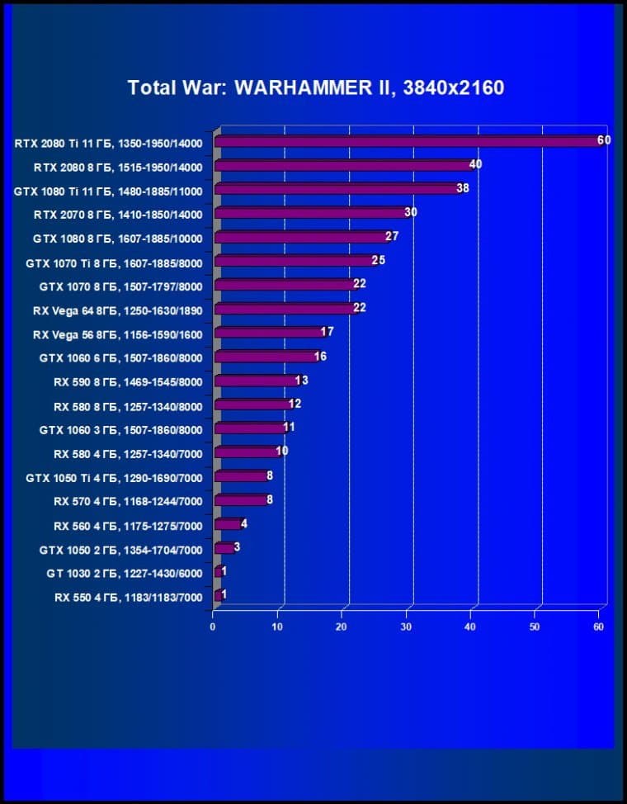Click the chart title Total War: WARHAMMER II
(x=315, y=87)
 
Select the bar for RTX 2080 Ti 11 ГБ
(x=408, y=142)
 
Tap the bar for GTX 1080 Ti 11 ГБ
(x=337, y=189)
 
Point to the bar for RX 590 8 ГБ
(x=256, y=381)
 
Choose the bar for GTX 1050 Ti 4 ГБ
(x=240, y=476)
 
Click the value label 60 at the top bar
(x=604, y=140)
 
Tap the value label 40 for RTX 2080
(x=475, y=164)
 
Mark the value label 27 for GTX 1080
(x=392, y=236)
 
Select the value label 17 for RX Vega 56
(x=327, y=332)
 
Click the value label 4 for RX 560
(x=244, y=523)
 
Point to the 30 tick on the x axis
(x=406, y=627)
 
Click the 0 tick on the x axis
(x=213, y=627)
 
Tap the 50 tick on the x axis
(x=535, y=627)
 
